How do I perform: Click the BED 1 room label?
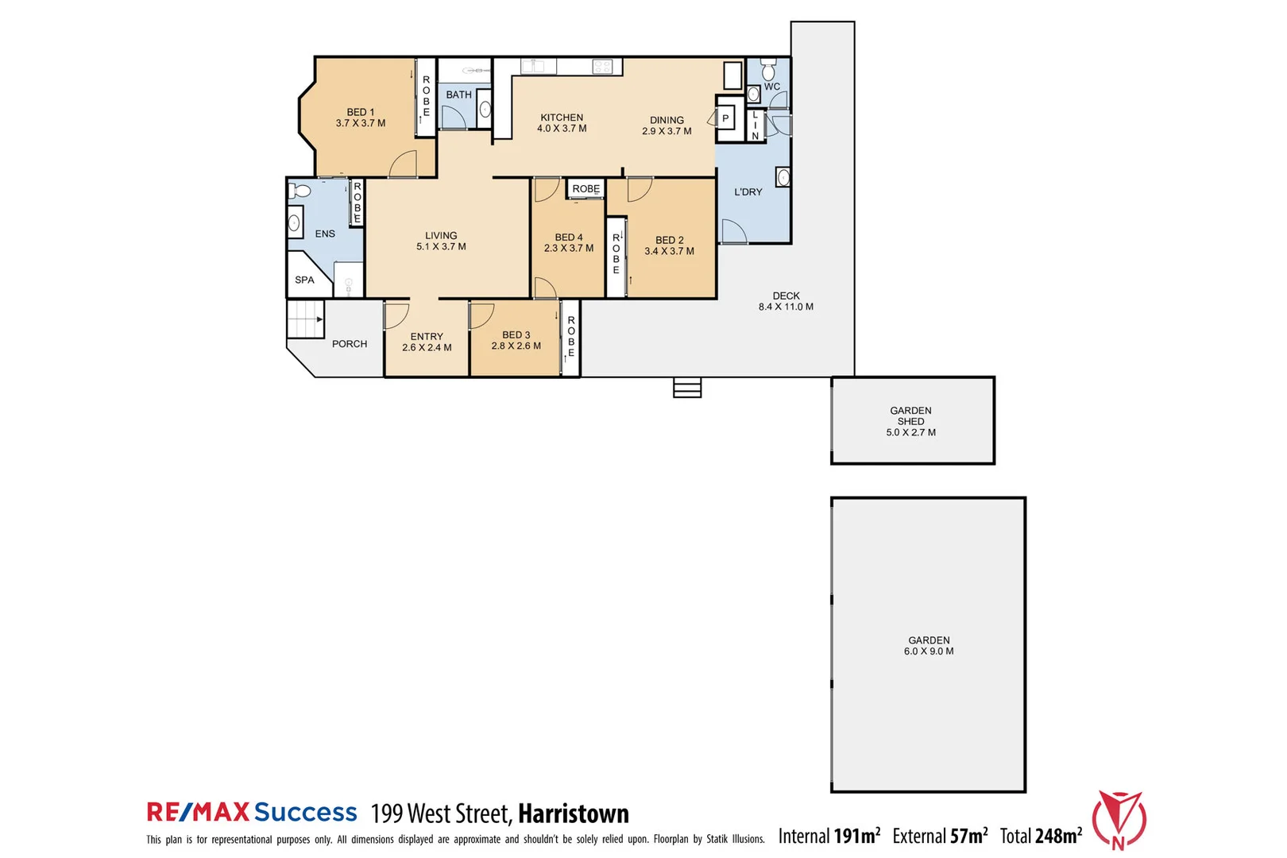(x=360, y=118)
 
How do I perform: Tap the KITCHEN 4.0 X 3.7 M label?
(x=562, y=123)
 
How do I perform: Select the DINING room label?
(x=667, y=126)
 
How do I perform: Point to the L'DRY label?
(x=748, y=192)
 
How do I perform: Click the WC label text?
(x=772, y=87)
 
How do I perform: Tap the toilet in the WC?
(x=768, y=69)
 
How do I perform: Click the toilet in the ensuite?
(x=300, y=191)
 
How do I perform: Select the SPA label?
(x=304, y=280)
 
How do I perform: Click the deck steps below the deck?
(x=687, y=388)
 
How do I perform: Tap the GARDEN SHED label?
(x=911, y=421)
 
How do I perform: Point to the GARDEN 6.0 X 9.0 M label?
(x=929, y=646)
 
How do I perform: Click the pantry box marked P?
(x=725, y=119)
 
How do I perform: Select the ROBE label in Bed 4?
(x=586, y=189)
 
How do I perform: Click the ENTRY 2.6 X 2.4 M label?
(x=427, y=342)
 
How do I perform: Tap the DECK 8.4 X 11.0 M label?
(x=786, y=301)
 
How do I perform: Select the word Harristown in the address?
(x=574, y=814)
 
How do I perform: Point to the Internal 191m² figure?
(x=829, y=836)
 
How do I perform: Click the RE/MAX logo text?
(x=198, y=812)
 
